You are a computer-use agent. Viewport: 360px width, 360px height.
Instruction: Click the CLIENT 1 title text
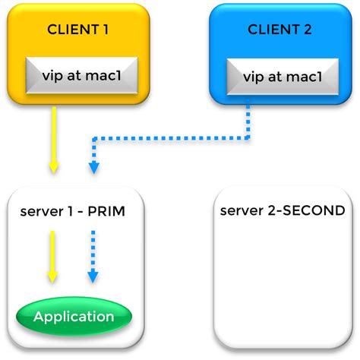point(77,30)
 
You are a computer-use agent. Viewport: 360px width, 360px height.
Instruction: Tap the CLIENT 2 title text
point(279,30)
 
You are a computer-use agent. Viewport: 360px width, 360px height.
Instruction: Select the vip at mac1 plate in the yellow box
point(82,75)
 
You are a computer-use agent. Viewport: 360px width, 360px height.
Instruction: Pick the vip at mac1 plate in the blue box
point(283,77)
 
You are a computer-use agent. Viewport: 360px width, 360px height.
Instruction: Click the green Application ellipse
point(74,317)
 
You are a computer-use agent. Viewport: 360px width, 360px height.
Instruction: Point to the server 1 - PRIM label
point(73,211)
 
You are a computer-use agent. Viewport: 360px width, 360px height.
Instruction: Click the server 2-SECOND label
point(283,210)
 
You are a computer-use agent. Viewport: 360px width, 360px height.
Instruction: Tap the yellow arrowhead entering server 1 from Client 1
point(54,168)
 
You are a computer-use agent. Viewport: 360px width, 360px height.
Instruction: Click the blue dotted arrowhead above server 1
point(94,168)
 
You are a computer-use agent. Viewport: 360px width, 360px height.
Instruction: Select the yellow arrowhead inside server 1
point(52,277)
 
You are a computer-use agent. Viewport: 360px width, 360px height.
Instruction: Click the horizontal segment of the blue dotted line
point(171,138)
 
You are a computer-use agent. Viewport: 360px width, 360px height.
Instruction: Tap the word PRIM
point(106,211)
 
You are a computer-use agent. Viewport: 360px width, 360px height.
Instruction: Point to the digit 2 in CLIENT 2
point(308,30)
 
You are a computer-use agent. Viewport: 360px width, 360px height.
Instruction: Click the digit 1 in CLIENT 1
point(106,30)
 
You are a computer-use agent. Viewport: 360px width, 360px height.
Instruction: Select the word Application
point(74,317)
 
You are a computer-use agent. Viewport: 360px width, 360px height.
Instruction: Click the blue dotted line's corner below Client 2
point(248,138)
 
